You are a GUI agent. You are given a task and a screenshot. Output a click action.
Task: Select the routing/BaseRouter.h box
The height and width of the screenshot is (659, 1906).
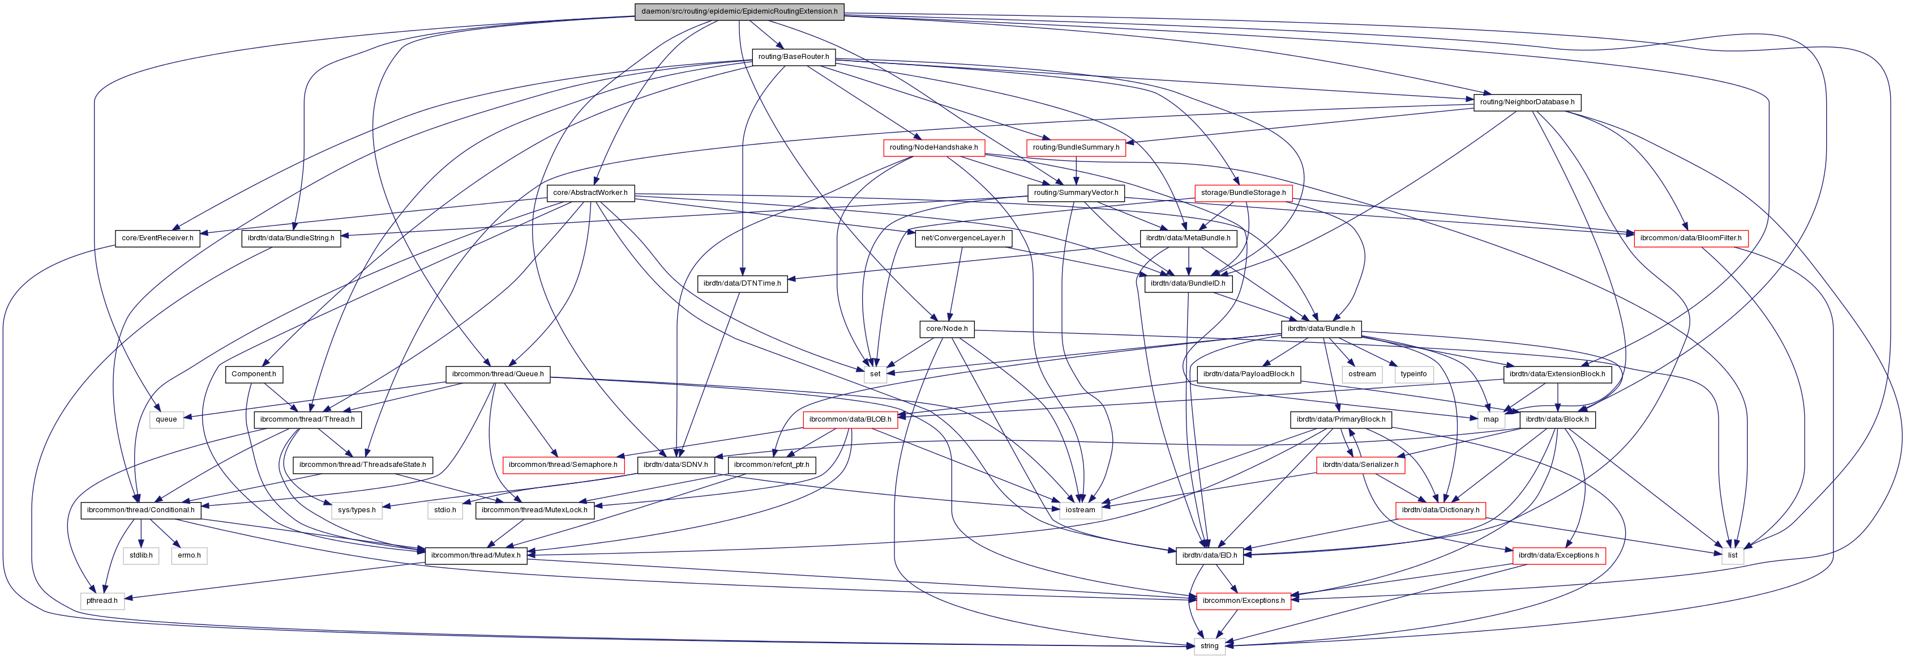793,56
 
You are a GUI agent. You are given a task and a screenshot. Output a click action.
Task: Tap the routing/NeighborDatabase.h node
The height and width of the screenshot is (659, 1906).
1526,102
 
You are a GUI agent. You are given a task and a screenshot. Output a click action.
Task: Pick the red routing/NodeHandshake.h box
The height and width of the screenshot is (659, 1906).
933,147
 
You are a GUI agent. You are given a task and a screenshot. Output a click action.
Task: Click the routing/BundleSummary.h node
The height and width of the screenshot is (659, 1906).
1075,147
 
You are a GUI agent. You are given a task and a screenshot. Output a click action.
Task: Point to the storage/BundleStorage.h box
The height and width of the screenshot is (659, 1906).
1243,193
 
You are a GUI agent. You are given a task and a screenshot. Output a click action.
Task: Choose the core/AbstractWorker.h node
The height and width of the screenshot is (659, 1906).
590,193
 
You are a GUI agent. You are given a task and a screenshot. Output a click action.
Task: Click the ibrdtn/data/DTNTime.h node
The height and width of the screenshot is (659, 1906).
742,283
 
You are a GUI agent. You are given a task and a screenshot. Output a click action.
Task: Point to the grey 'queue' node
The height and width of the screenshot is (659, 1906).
166,420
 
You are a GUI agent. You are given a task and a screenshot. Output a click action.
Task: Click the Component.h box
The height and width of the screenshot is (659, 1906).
253,374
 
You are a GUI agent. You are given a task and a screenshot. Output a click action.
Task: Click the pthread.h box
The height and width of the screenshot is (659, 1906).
101,601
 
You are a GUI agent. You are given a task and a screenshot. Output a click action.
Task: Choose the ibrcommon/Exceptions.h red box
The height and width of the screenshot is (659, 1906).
1243,601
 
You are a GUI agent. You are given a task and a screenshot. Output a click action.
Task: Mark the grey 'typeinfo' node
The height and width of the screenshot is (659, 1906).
1413,374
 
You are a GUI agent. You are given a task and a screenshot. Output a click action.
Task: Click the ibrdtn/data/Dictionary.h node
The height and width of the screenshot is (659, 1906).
1440,510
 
